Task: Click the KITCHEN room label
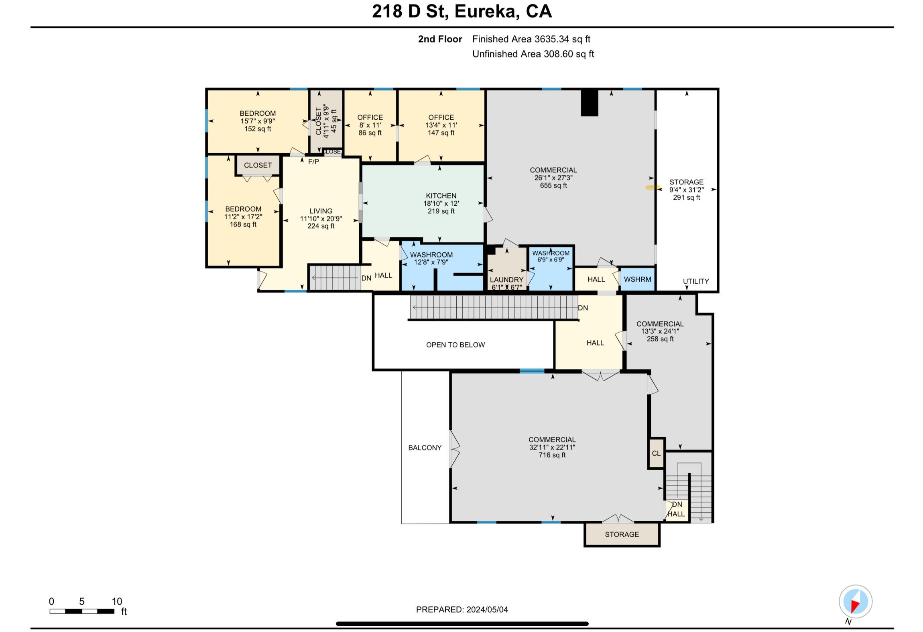click(x=441, y=196)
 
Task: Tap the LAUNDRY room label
click(x=506, y=280)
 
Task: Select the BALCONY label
click(x=425, y=448)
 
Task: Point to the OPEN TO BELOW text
click(x=455, y=345)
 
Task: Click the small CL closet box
click(x=657, y=453)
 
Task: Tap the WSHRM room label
click(x=637, y=279)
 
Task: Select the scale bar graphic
click(x=82, y=611)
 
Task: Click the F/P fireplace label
click(x=313, y=162)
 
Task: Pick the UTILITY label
click(x=696, y=281)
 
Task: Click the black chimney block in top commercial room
click(x=590, y=103)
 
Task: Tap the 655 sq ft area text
click(x=553, y=185)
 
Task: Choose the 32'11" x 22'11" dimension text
click(x=552, y=447)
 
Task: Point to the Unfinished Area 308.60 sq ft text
click(x=533, y=54)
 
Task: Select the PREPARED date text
click(x=462, y=610)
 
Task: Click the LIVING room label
click(x=321, y=211)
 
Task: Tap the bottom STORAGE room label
click(x=622, y=534)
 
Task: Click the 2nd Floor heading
click(x=440, y=39)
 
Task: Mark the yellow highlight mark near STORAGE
click(x=653, y=187)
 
